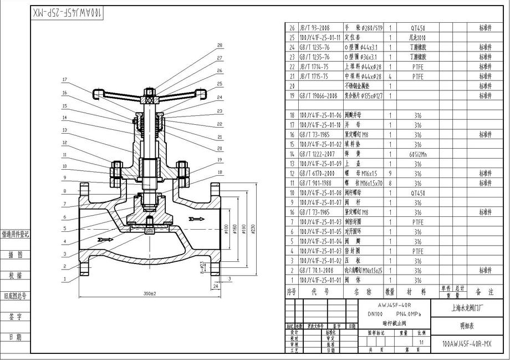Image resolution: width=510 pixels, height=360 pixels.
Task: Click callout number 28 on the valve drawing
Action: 220,45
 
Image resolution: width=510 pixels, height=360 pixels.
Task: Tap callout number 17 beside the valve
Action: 64,79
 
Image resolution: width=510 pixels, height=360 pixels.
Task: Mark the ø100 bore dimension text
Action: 227,230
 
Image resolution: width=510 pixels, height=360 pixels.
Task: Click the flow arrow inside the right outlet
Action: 196,219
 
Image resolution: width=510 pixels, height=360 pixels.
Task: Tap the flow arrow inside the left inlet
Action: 104,240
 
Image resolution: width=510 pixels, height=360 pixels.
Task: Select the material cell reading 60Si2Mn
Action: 417,154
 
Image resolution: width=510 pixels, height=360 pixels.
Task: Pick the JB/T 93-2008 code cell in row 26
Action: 314,28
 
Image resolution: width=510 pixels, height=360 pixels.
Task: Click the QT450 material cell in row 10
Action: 417,193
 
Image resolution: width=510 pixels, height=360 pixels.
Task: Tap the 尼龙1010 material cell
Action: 417,38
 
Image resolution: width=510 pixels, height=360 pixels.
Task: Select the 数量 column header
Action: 390,291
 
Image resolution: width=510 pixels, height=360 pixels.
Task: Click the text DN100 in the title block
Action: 378,314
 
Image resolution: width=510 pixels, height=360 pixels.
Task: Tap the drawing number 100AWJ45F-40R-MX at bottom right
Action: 467,344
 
